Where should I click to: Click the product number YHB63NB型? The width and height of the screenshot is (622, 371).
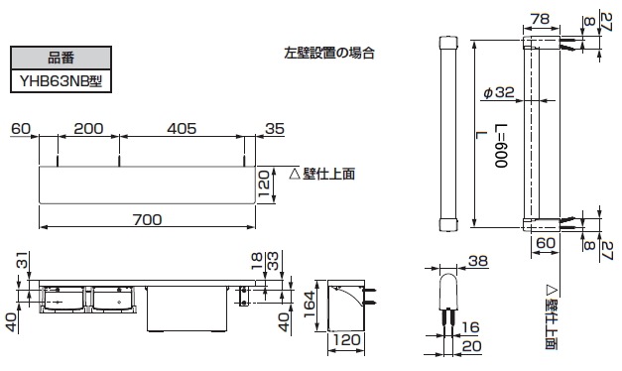click(x=62, y=81)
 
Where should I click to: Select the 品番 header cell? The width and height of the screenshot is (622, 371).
click(x=62, y=58)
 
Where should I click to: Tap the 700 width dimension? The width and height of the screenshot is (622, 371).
click(x=147, y=220)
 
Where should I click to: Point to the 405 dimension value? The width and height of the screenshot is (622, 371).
click(x=182, y=129)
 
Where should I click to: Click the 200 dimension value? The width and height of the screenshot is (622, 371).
click(x=88, y=129)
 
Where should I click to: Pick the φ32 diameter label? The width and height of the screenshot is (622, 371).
click(x=499, y=92)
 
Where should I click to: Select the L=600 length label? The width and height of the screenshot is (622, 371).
click(x=501, y=146)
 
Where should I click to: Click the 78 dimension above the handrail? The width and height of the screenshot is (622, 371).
click(x=540, y=19)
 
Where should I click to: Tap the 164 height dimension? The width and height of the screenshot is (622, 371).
click(x=310, y=305)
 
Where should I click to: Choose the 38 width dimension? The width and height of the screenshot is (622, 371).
click(x=477, y=261)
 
